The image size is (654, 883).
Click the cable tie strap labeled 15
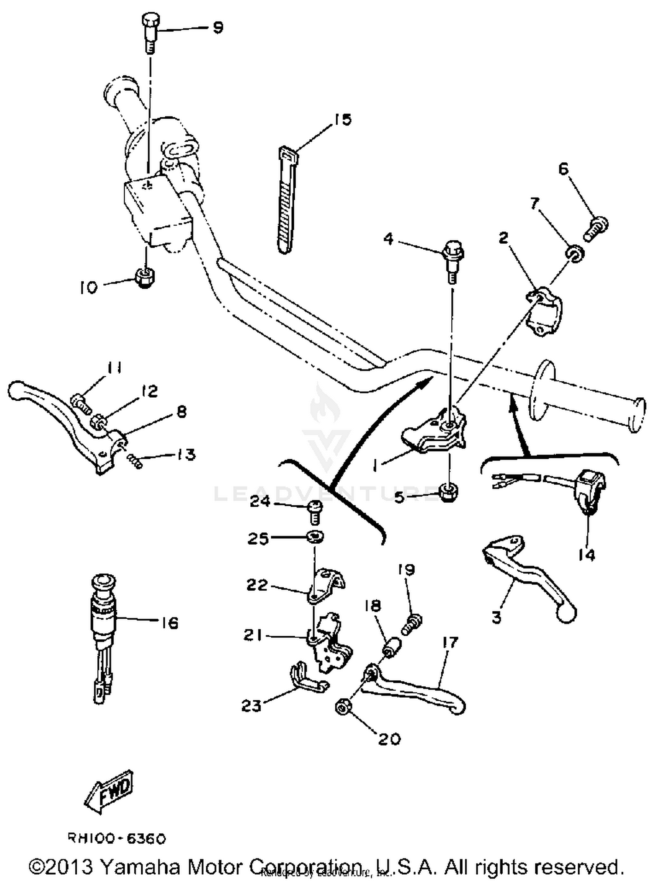pyautogui.click(x=286, y=201)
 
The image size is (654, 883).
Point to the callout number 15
pyautogui.click(x=343, y=119)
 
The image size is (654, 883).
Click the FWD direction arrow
pyautogui.click(x=109, y=790)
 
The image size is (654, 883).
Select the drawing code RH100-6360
pyautogui.click(x=116, y=838)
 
